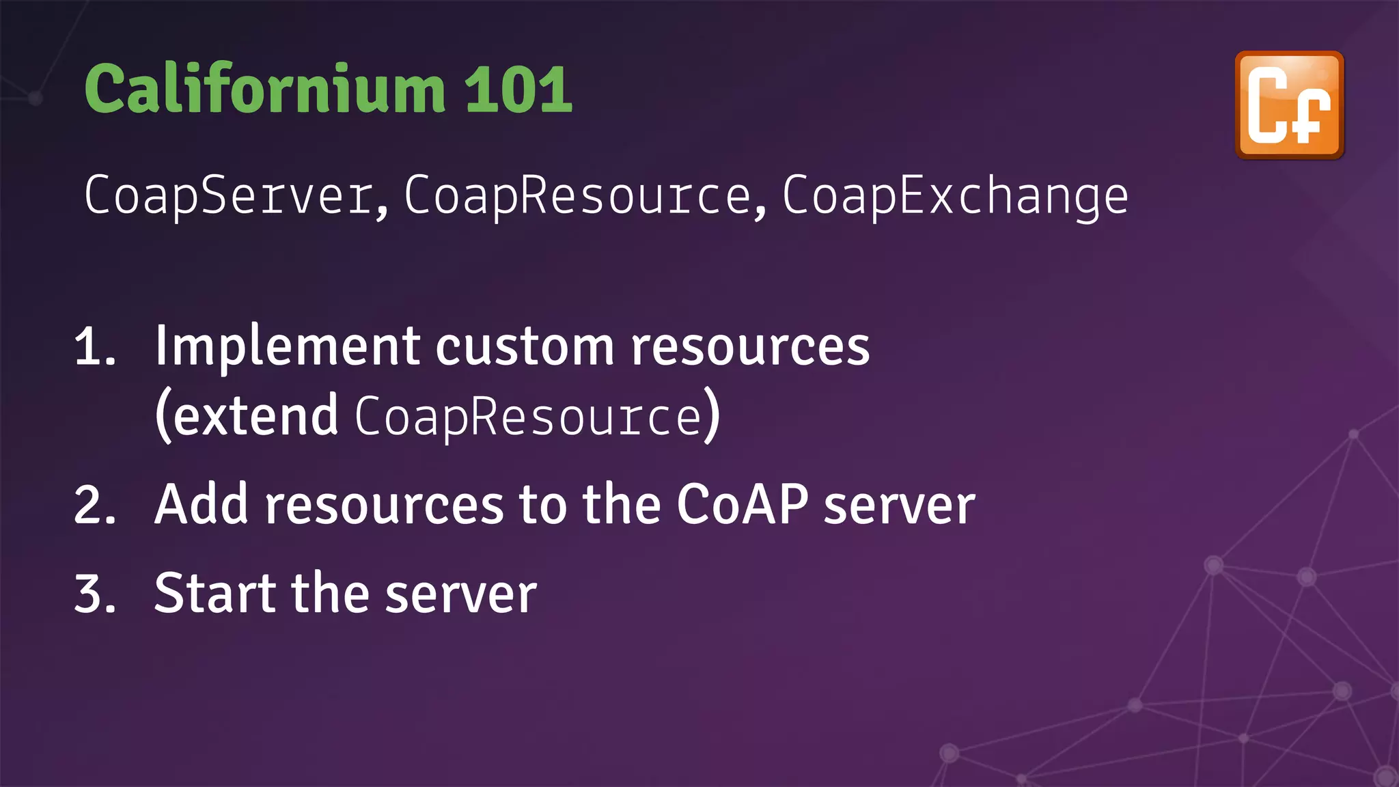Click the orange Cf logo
coord(1289,105)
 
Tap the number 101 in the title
coord(518,89)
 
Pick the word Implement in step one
coord(287,346)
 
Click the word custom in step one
coord(525,346)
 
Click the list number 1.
coord(94,346)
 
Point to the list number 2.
coord(94,506)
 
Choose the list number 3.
coord(94,593)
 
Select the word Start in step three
coord(214,593)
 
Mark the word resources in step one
coord(750,346)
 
